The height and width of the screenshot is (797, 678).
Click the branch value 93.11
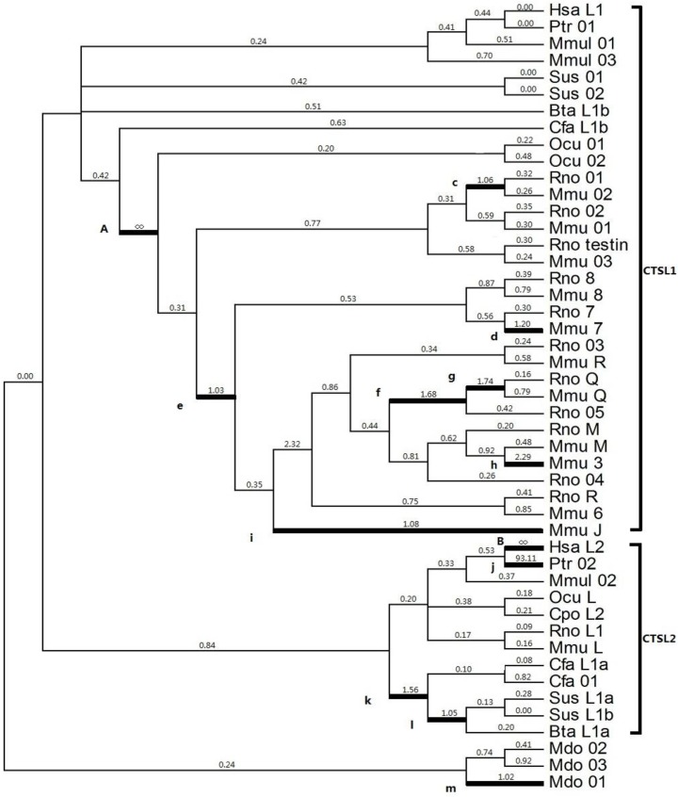pyautogui.click(x=521, y=558)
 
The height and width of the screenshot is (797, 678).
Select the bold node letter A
pyautogui.click(x=105, y=228)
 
